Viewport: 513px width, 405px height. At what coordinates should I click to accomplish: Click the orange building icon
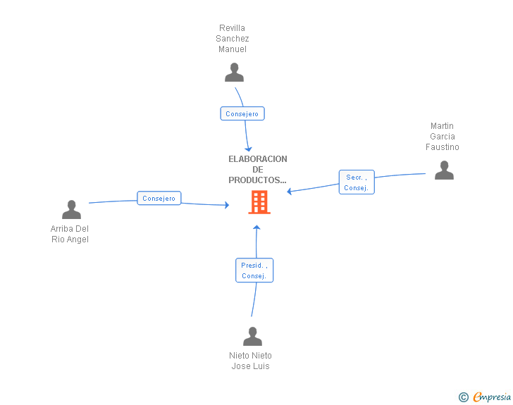click(x=259, y=202)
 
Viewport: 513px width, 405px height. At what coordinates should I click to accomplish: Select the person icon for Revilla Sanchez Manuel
click(x=234, y=73)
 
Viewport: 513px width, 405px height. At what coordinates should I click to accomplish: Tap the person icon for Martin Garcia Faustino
click(x=444, y=170)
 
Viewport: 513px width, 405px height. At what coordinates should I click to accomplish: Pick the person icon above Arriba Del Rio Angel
click(x=71, y=209)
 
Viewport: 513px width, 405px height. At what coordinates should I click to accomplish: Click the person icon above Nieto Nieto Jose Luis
click(x=252, y=336)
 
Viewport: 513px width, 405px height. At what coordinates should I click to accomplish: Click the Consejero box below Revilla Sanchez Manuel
click(x=242, y=113)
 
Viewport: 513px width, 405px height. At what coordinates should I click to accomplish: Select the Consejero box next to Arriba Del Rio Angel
click(x=159, y=198)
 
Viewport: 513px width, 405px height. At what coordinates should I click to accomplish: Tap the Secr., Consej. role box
click(x=357, y=182)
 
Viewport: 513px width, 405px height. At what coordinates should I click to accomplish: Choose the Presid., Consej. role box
click(x=254, y=270)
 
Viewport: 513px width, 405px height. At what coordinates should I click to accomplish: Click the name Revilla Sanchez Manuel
click(x=233, y=39)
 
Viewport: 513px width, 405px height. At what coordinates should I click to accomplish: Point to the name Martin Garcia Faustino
click(x=443, y=137)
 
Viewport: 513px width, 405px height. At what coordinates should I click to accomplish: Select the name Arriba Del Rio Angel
click(x=70, y=234)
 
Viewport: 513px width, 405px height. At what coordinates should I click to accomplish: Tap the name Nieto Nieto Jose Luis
click(x=250, y=361)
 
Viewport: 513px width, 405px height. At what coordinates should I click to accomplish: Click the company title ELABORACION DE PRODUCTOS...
click(x=257, y=170)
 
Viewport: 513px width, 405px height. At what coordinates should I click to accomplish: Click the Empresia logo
click(x=492, y=397)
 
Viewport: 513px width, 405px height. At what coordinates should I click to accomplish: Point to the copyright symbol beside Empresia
click(x=463, y=397)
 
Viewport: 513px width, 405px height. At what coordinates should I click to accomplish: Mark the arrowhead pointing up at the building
click(x=256, y=228)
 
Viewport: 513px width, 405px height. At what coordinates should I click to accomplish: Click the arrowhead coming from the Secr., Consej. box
click(x=289, y=192)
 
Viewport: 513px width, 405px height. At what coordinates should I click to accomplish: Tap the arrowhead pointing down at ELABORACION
click(x=248, y=149)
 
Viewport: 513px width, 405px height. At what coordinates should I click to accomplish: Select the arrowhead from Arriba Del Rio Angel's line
click(x=227, y=205)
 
